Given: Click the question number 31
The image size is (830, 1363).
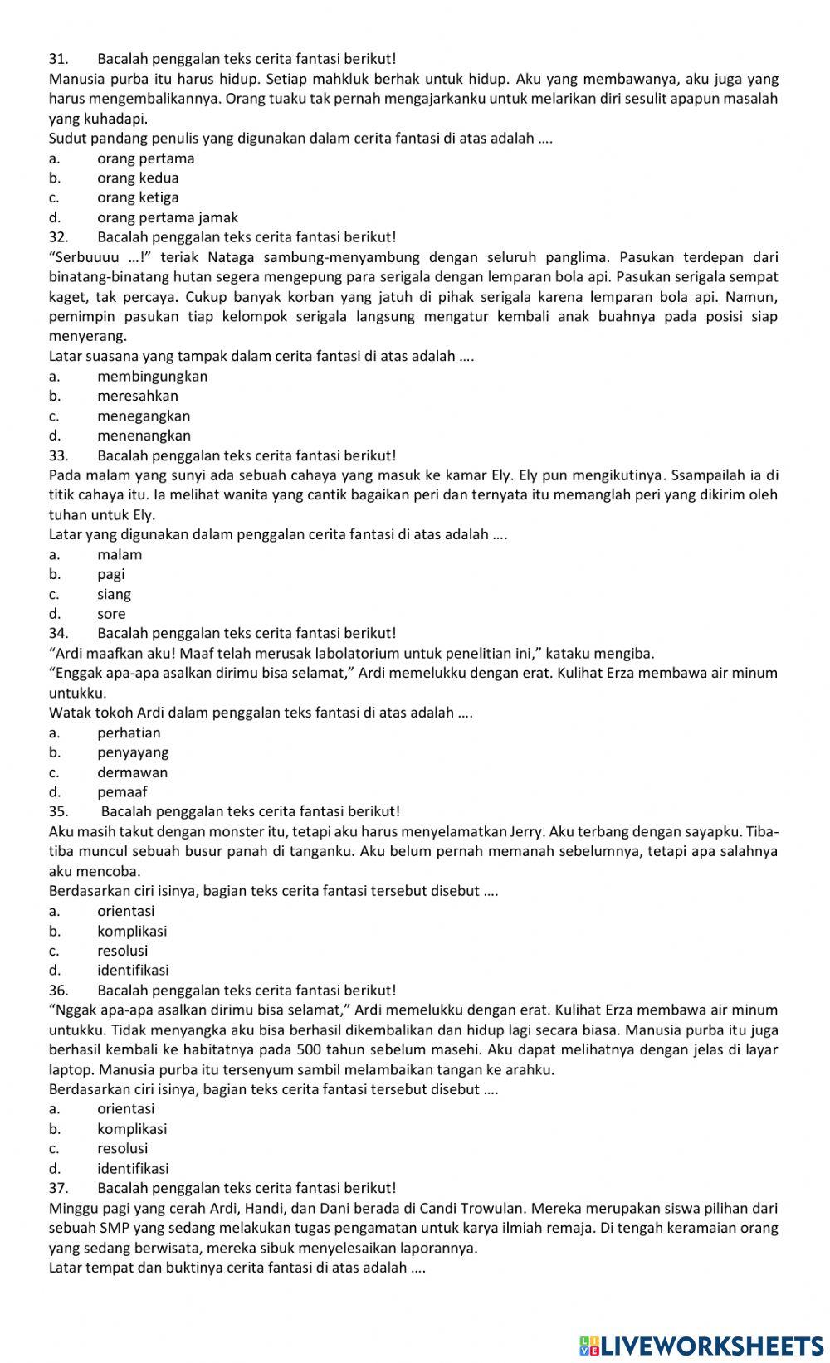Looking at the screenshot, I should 57,59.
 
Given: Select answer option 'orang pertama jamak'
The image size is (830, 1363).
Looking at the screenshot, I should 167,217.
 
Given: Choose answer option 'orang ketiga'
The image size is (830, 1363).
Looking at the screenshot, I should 138,197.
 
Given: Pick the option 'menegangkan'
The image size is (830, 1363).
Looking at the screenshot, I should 144,416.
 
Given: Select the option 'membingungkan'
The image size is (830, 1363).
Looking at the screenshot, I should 152,376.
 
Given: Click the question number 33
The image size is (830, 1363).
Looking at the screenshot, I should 57,455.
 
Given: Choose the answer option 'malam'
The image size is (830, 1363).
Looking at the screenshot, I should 120,554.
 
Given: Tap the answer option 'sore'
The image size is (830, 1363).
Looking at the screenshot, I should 111,614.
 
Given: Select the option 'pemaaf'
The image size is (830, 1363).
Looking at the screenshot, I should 122,791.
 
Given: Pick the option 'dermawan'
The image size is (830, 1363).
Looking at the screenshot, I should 132,772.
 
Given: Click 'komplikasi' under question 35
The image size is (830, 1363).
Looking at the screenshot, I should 132,931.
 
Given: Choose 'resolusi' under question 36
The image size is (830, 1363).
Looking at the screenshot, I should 122,1148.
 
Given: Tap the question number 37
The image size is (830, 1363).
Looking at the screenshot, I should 57,1188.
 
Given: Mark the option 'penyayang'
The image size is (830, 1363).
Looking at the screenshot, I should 133,752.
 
